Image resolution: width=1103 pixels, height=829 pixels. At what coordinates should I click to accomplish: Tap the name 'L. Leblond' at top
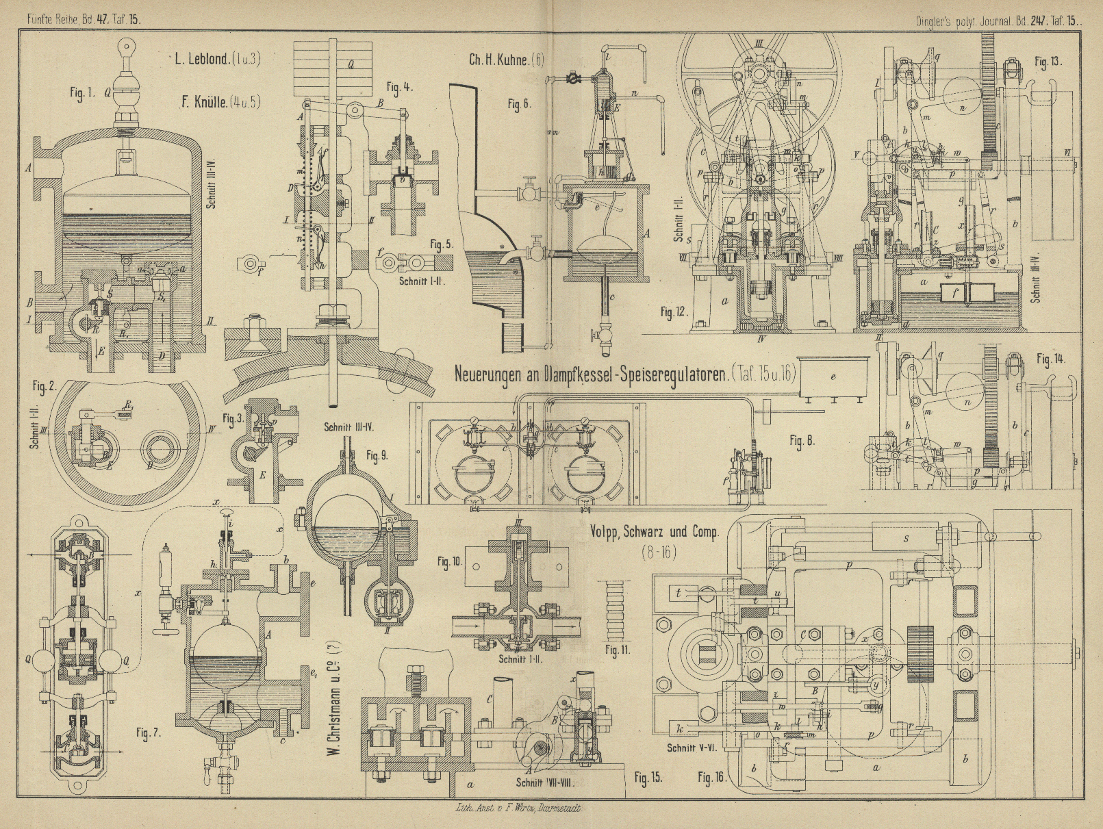coord(205,59)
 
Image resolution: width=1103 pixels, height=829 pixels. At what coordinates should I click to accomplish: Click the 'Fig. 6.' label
coord(519,104)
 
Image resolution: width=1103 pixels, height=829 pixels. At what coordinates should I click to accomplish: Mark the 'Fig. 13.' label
coord(1048,62)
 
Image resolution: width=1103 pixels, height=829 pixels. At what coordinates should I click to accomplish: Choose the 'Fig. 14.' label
coord(1050,359)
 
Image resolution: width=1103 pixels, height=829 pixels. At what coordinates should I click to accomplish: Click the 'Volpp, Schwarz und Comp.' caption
coord(654,533)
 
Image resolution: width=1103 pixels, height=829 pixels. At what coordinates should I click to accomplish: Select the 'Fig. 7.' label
coord(148,734)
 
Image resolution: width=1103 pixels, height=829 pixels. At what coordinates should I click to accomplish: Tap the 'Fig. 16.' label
coord(712,778)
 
